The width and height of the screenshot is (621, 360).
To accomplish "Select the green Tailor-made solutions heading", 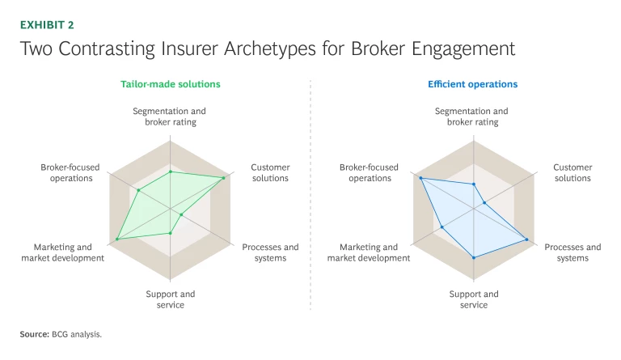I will point(170,84).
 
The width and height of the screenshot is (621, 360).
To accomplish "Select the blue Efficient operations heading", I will point(473,84).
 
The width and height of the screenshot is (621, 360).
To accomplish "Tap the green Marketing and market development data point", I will point(117,239).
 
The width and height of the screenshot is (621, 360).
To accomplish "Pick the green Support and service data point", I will point(171,233).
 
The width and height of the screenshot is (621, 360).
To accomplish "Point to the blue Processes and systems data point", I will point(527,239).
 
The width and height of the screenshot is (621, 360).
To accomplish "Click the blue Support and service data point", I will point(474,257).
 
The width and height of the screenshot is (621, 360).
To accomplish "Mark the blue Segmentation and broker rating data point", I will point(474,184).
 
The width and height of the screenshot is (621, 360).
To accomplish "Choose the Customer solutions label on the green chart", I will point(270,172).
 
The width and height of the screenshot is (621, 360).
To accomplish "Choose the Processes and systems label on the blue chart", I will point(572,252).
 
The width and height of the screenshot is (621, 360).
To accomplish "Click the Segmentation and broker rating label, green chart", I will point(170,116).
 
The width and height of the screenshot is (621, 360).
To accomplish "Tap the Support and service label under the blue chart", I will point(474,299).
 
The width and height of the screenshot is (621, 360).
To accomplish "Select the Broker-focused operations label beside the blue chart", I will point(370,172).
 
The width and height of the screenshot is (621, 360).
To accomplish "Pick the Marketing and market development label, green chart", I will point(63,252).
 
